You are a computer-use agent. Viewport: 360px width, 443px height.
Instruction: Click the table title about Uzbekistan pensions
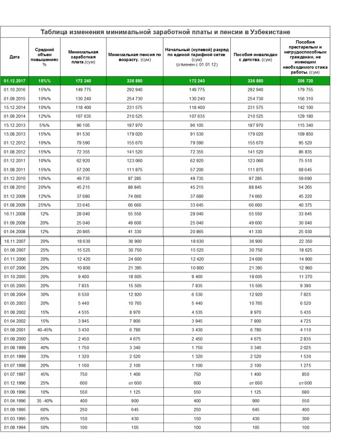coord(165,32)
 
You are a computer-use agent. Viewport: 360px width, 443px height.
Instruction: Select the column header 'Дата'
coord(14,57)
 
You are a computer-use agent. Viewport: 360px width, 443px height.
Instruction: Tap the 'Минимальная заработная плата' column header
coord(83,57)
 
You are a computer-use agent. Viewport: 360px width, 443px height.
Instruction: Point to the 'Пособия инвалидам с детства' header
coord(255,57)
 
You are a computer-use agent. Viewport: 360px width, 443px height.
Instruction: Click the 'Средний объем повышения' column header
coord(44,57)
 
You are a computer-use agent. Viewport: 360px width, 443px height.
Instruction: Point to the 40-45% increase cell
coord(44,330)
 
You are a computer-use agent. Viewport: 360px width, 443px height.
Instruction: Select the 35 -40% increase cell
coord(44,401)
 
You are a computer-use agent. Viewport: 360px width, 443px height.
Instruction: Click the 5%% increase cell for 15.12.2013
coord(44,125)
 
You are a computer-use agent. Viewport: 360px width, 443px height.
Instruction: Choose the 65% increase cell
coord(44,419)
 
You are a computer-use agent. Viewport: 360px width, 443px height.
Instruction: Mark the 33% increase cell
coord(44,356)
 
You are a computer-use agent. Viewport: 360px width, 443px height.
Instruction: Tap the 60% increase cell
coord(44,410)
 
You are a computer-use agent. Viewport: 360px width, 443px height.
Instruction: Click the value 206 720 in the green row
coord(305,81)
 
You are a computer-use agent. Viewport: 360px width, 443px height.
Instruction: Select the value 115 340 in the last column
coord(305,125)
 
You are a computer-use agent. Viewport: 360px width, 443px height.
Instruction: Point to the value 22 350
coord(305,241)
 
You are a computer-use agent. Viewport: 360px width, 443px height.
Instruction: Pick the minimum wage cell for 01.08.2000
coord(83,339)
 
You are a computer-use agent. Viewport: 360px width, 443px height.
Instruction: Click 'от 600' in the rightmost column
coord(305,383)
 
